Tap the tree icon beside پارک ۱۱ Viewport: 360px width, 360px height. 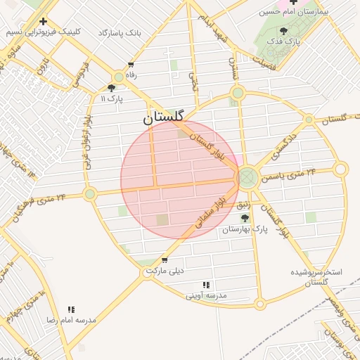point(111,88)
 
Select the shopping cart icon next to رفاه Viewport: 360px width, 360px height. point(130,65)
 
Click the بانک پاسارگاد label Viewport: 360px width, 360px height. point(119,33)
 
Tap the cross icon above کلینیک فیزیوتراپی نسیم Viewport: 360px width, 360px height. point(44,21)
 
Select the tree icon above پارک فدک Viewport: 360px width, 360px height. point(283,31)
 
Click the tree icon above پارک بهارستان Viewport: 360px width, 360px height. point(245,219)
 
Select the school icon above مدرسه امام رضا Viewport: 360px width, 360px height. point(71,309)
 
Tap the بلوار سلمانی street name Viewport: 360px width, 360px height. point(205,215)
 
